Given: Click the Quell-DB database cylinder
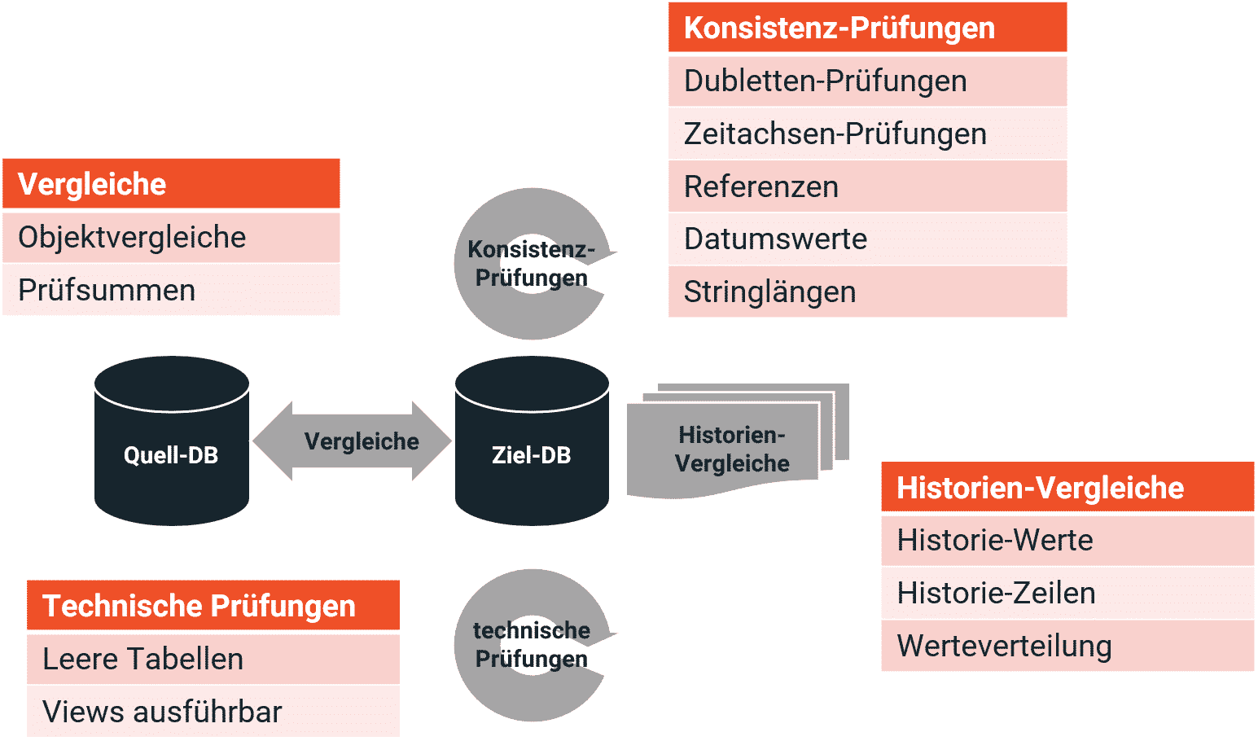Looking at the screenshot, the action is (171, 441).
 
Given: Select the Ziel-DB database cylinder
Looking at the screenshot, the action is (532, 441).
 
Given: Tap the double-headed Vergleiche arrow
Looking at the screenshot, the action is (352, 441).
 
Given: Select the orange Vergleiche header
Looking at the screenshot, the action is (171, 184).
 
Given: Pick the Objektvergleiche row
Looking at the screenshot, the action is (171, 237).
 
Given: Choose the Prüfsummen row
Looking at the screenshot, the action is (171, 290).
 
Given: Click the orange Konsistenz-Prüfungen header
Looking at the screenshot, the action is (868, 28).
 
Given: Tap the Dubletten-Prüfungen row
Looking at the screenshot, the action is (868, 81).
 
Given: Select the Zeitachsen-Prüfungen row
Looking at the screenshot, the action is (868, 134).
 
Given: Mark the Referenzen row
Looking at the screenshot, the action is (868, 186).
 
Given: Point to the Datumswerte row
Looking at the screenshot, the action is (868, 239).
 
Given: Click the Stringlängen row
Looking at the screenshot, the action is (868, 292).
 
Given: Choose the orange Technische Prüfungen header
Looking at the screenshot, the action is (213, 605).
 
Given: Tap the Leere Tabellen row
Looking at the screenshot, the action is (213, 659).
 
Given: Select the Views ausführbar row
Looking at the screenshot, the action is (213, 712).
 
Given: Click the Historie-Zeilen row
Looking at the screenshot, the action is (1067, 594).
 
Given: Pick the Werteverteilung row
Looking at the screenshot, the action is (1067, 646).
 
